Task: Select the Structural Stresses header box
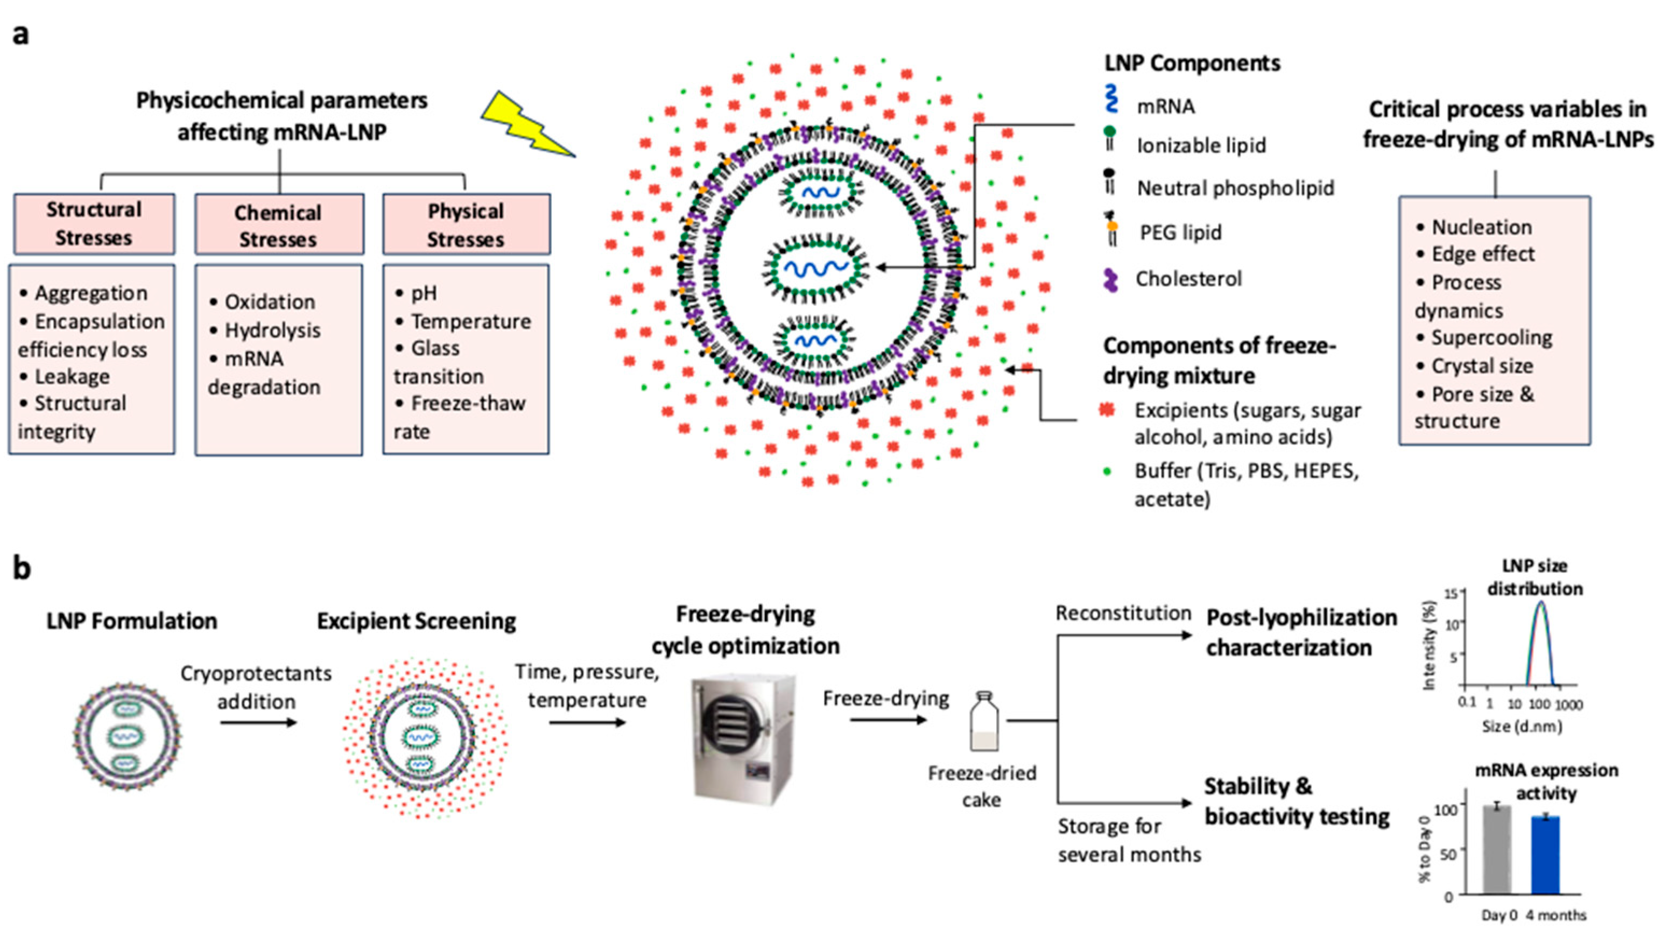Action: tap(94, 224)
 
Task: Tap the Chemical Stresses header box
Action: tap(279, 225)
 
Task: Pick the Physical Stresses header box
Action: tap(466, 224)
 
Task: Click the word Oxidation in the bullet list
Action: tap(270, 302)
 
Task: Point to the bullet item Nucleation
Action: tap(1481, 227)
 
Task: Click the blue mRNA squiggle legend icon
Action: tap(1111, 100)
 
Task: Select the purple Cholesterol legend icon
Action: tap(1110, 280)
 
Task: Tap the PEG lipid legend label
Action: tap(1181, 232)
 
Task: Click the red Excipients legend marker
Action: tap(1108, 410)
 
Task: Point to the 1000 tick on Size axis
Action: tap(1571, 704)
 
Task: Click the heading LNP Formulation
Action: tap(132, 620)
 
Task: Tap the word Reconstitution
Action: tap(1123, 613)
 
